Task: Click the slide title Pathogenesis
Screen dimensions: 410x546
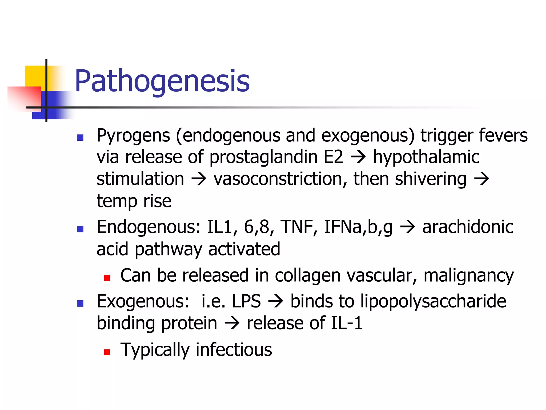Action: pos(162,81)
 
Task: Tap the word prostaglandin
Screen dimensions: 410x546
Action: pos(263,157)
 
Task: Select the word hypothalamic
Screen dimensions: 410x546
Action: pos(426,157)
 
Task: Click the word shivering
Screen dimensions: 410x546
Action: pos(431,179)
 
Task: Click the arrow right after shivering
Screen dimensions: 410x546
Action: pos(481,179)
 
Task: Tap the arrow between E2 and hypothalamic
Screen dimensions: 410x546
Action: pos(358,157)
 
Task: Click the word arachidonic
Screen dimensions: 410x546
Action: pos(468,227)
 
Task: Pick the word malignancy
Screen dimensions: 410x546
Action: pos(468,276)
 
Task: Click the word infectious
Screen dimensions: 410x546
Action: pos(234,350)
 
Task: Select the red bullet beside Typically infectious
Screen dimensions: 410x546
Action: pos(107,352)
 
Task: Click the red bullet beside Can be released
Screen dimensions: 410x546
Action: pos(107,278)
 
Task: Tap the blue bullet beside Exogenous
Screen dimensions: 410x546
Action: pos(80,304)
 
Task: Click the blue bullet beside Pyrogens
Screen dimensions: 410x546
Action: pos(80,138)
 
